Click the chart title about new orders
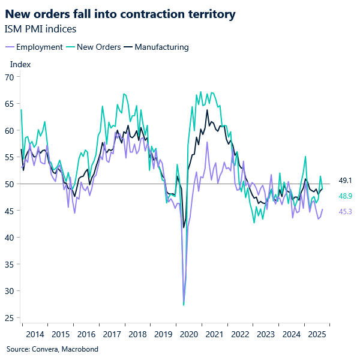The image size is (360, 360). [x=120, y=13]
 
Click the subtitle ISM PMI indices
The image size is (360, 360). [x=40, y=28]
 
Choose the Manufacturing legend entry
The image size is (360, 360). [x=161, y=47]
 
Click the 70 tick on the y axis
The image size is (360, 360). [x=10, y=77]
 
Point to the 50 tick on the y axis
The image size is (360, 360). [x=10, y=184]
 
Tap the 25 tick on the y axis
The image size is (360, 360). [x=10, y=318]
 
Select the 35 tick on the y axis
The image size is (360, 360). [x=10, y=265]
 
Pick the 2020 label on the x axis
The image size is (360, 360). [x=188, y=334]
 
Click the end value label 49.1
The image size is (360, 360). [x=346, y=180]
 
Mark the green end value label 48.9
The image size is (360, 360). [x=346, y=196]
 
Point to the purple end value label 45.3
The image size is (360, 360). [x=346, y=211]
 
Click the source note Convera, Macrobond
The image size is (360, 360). [x=52, y=349]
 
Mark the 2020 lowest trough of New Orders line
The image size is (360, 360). [x=184, y=305]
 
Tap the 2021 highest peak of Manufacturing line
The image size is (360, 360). [x=207, y=110]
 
